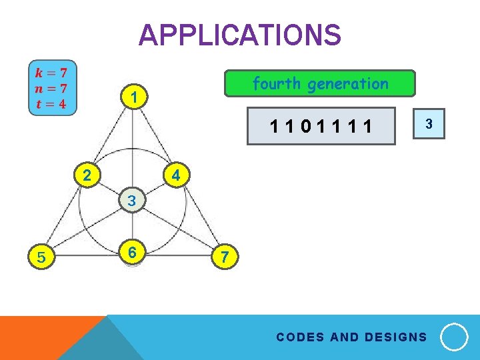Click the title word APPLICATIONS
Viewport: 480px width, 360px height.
point(239,35)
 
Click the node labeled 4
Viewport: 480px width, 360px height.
point(176,176)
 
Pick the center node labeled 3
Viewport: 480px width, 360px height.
point(132,200)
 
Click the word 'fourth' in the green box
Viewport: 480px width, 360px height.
point(277,84)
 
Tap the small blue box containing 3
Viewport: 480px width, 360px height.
point(429,124)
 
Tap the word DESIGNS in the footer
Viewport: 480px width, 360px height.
point(396,337)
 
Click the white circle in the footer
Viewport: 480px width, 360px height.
point(455,337)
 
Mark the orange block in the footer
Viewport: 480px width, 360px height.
point(40,337)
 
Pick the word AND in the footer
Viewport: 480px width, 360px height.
point(344,337)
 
